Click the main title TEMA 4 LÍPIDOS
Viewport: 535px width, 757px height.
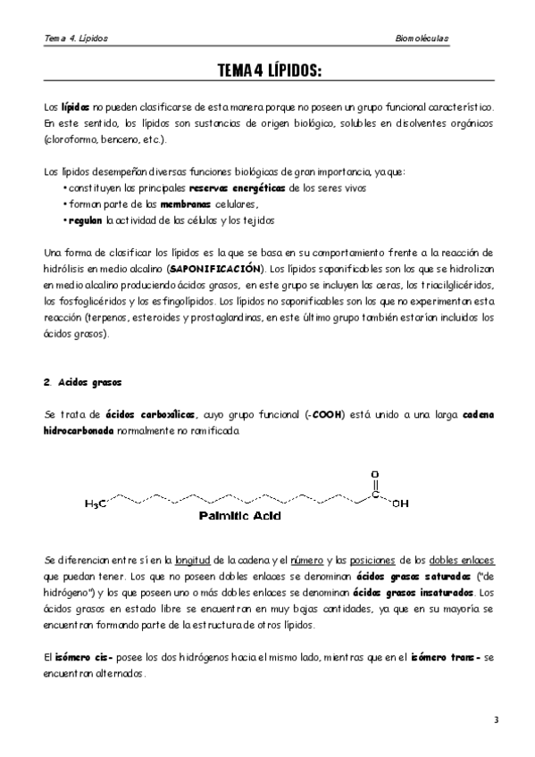(269, 71)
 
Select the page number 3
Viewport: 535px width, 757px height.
(496, 720)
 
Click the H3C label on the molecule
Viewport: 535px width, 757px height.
(96, 504)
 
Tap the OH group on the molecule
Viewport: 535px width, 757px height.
(400, 503)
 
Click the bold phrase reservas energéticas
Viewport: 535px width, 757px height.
(237, 188)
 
